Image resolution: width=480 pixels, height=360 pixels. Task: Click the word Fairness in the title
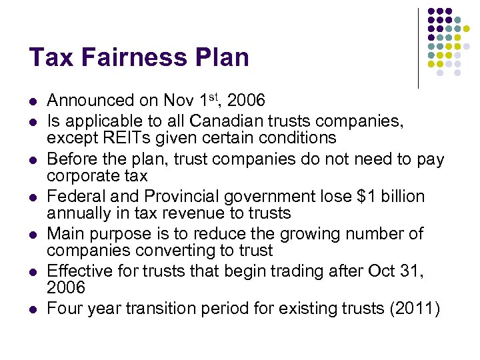tap(127, 57)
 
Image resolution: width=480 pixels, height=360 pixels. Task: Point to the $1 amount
tap(347, 197)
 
